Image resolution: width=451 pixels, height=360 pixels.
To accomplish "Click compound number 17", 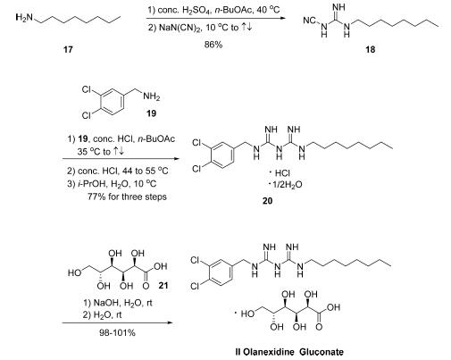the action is click(68, 49).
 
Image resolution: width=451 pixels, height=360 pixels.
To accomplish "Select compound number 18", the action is click(371, 49).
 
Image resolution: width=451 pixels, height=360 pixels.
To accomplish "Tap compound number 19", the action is click(152, 113).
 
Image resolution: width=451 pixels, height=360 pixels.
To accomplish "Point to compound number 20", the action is click(267, 201).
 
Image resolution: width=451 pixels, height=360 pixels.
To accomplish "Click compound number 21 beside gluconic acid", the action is click(163, 286).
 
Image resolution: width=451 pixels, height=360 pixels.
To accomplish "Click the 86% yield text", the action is click(213, 45).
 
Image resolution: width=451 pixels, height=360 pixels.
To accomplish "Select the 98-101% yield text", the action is click(117, 332).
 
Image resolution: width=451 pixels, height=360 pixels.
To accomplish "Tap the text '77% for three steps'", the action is click(127, 197).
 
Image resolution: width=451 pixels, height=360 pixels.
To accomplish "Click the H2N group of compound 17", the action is click(24, 18).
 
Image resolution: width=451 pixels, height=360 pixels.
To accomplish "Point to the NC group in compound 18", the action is click(309, 21).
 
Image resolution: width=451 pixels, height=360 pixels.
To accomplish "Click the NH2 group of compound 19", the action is click(152, 96).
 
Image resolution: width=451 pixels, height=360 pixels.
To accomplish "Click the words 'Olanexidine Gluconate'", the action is click(294, 352).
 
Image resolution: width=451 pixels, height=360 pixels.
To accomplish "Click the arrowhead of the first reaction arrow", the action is click(282, 18).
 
